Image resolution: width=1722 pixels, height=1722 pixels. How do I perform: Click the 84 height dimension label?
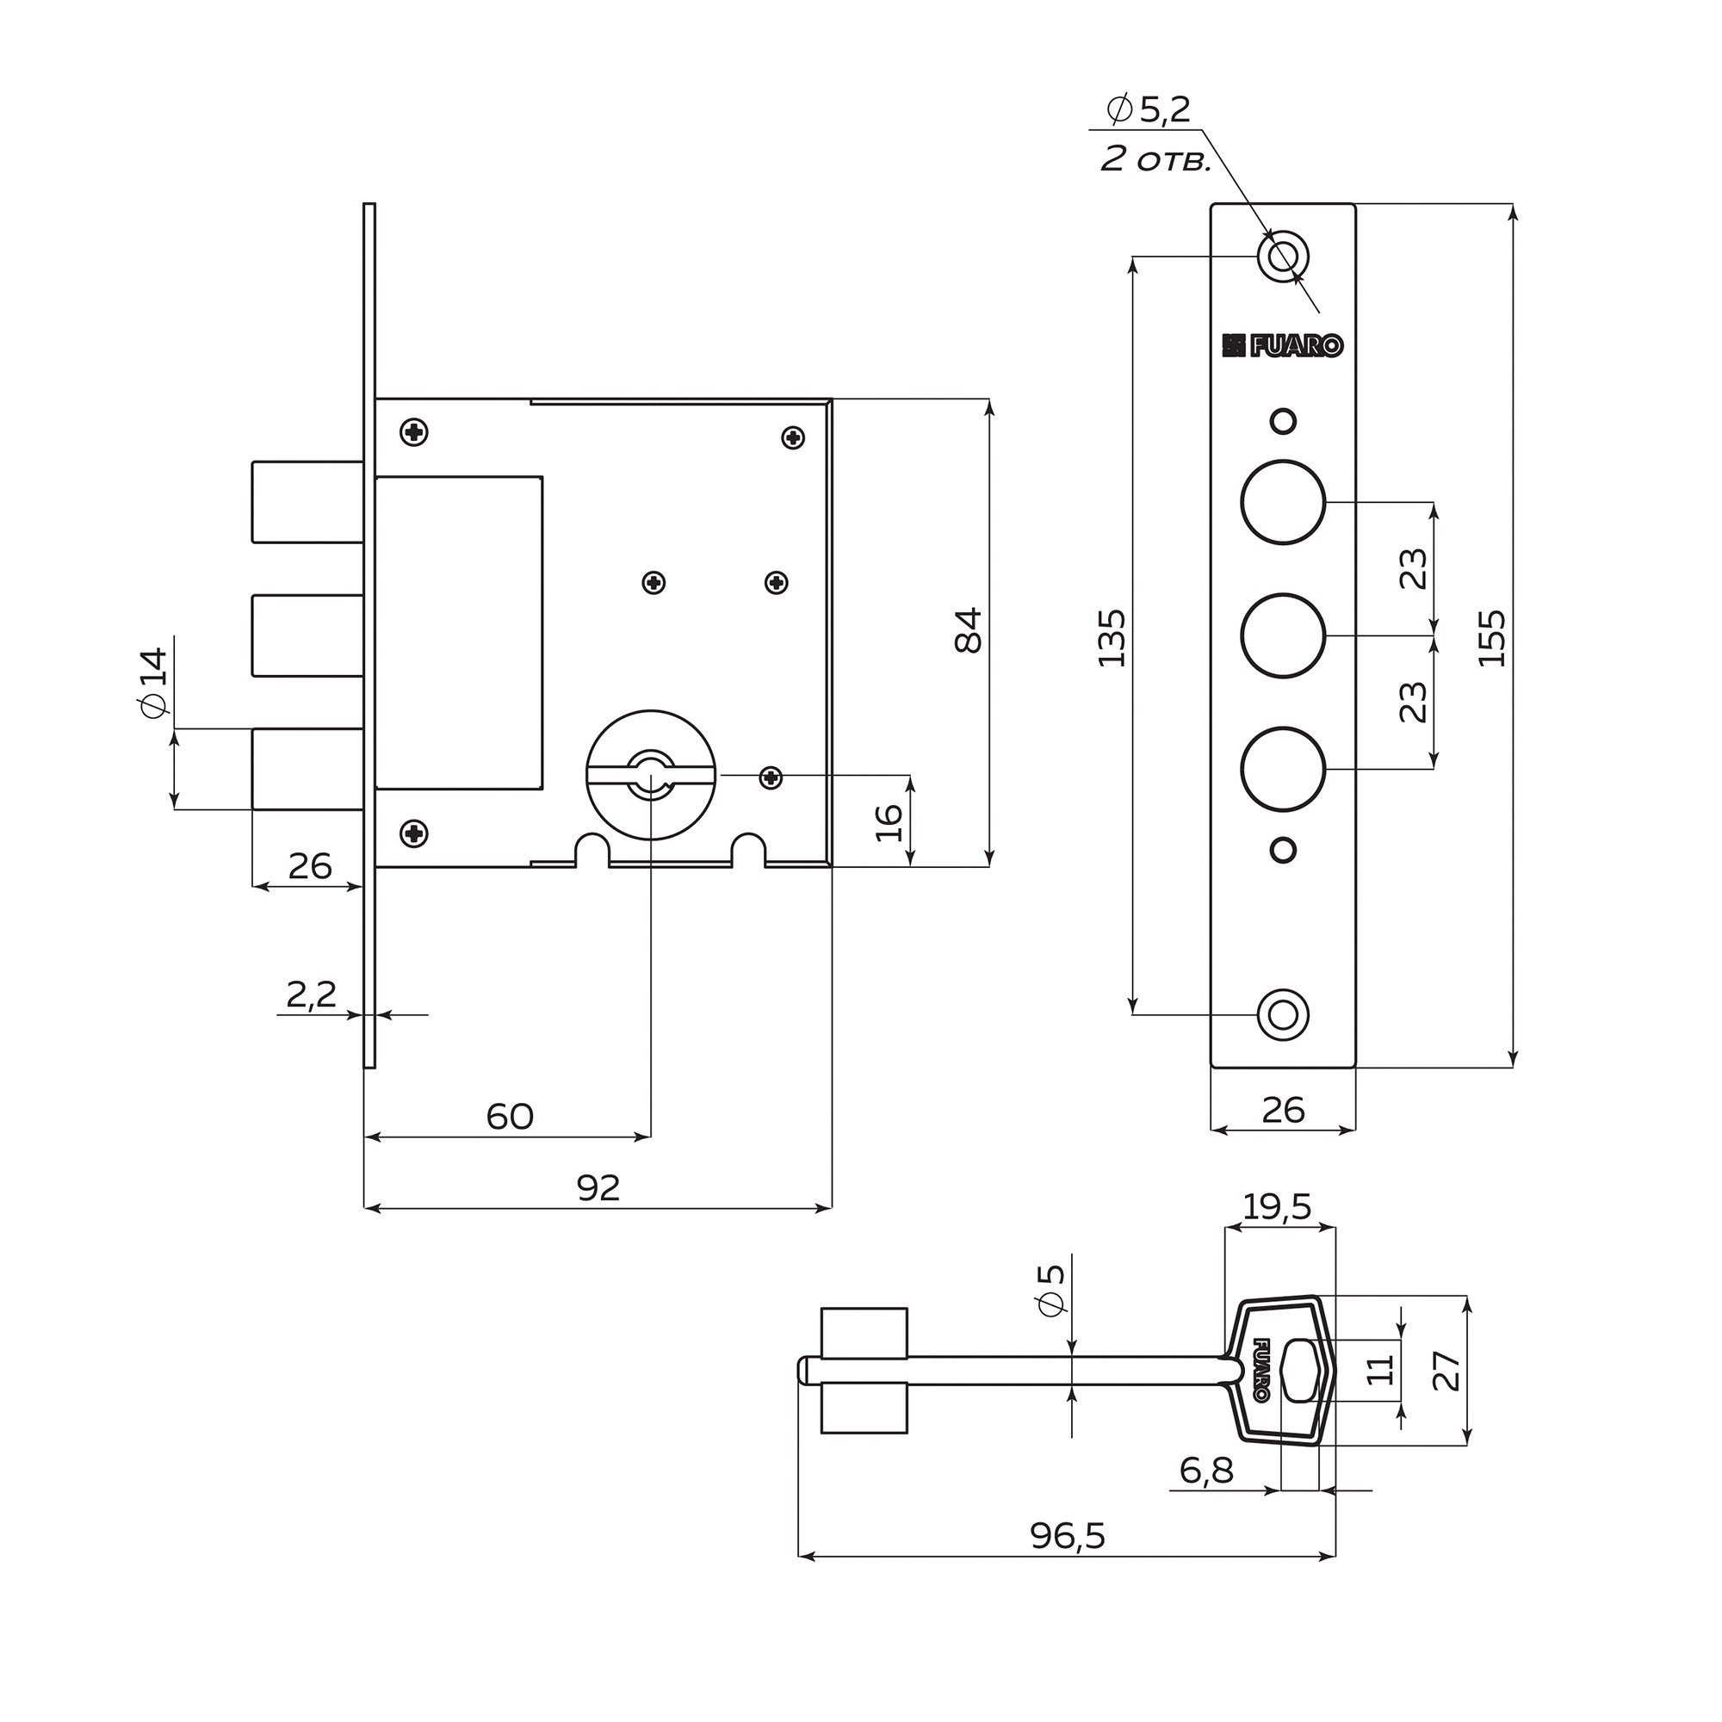pyautogui.click(x=969, y=630)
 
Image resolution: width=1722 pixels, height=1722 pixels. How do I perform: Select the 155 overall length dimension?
pyautogui.click(x=1493, y=637)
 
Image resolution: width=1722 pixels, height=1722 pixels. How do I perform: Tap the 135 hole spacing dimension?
pyautogui.click(x=1112, y=637)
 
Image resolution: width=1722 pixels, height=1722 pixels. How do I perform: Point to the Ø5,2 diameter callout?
pyautogui.click(x=1149, y=109)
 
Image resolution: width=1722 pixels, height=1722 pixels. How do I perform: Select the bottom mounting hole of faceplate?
pyautogui.click(x=1283, y=1015)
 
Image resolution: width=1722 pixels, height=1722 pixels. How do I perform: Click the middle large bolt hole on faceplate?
pyautogui.click(x=1283, y=635)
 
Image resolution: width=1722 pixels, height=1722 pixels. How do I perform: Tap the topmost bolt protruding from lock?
pyautogui.click(x=307, y=502)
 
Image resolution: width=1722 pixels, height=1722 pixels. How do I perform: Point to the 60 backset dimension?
pyautogui.click(x=510, y=1116)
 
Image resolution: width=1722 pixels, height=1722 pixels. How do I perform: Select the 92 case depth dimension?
pyautogui.click(x=598, y=1188)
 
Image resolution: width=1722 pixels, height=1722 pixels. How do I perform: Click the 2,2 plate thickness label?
pyautogui.click(x=311, y=994)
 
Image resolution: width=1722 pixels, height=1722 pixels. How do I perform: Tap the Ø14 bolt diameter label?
pyautogui.click(x=152, y=682)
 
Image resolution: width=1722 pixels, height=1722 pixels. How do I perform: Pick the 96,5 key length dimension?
pyautogui.click(x=1067, y=1536)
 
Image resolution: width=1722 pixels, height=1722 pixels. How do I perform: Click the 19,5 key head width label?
pyautogui.click(x=1276, y=1207)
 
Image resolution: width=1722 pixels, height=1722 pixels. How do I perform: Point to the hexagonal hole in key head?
pyautogui.click(x=1300, y=1370)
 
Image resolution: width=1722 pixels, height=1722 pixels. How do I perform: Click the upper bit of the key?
pyautogui.click(x=863, y=1333)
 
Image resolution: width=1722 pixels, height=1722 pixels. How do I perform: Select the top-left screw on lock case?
pyautogui.click(x=413, y=432)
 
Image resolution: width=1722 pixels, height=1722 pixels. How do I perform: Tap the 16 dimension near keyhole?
pyautogui.click(x=889, y=821)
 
